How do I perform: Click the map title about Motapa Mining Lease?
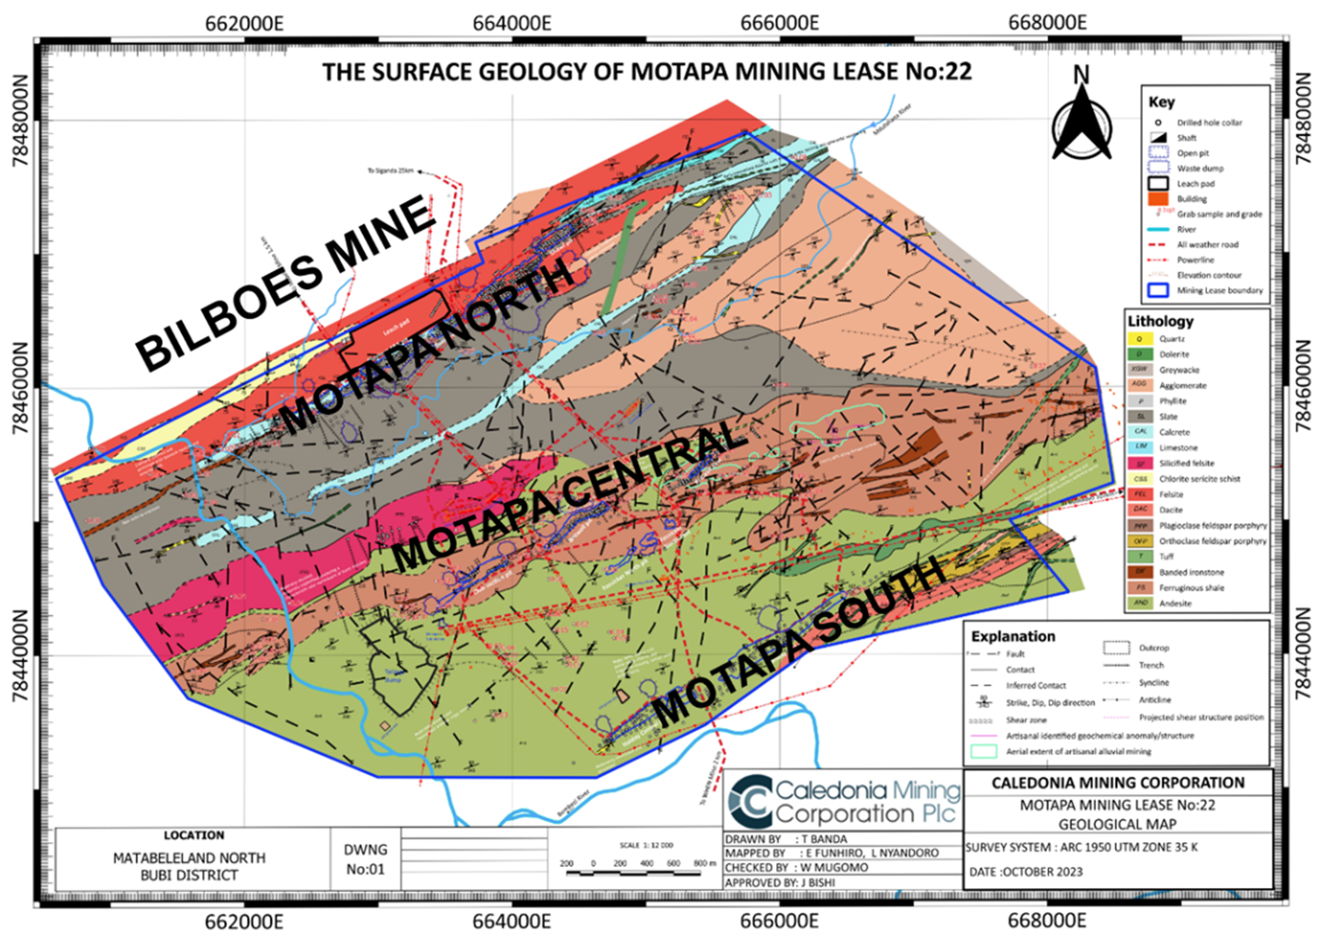tap(646, 72)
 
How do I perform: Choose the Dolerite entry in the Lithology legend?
tap(1174, 354)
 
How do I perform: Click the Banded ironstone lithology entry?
tap(1191, 572)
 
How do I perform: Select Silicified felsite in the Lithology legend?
tap(1186, 463)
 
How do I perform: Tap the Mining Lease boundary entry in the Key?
tap(1219, 290)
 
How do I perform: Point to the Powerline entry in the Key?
tap(1196, 259)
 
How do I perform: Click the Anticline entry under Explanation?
tap(1154, 700)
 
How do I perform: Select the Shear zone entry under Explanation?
tap(1026, 720)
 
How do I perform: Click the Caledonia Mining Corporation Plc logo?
tap(843, 801)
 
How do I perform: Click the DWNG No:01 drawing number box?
tap(365, 858)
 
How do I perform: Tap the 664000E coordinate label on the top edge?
tap(512, 23)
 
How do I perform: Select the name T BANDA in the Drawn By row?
tap(824, 839)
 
